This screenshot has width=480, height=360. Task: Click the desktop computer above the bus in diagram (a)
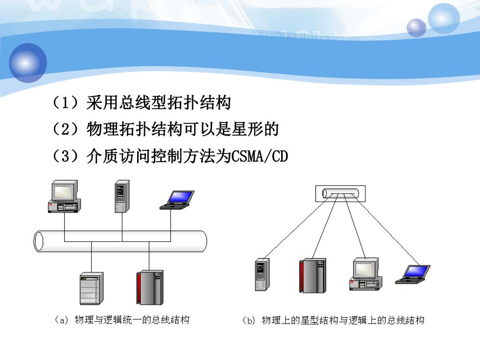coord(64,196)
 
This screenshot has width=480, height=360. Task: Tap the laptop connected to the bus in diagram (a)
coord(177,200)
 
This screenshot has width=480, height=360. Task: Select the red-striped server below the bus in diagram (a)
coord(150,288)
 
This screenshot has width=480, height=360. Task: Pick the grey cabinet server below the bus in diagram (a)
coord(92,288)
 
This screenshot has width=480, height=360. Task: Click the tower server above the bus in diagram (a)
coord(122,196)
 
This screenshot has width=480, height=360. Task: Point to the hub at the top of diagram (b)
coord(340,193)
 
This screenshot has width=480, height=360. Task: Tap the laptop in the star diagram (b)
coord(412,274)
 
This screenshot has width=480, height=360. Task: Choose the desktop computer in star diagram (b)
coord(366,274)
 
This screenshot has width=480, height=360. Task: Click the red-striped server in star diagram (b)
coord(312,275)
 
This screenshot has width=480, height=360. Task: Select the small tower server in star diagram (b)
coord(262,274)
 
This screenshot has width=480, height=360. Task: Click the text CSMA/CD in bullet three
coord(260,156)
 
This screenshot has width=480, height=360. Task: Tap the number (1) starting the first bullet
coord(66,102)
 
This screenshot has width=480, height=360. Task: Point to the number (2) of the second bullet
coord(66,129)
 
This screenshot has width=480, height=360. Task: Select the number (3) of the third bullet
coord(66,156)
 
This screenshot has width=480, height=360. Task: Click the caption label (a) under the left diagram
coord(62,320)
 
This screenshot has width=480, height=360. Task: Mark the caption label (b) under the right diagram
coord(249,320)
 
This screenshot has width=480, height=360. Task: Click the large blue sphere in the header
coord(28,63)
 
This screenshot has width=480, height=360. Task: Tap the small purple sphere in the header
coord(416,28)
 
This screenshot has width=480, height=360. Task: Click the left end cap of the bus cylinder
coord(38,241)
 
